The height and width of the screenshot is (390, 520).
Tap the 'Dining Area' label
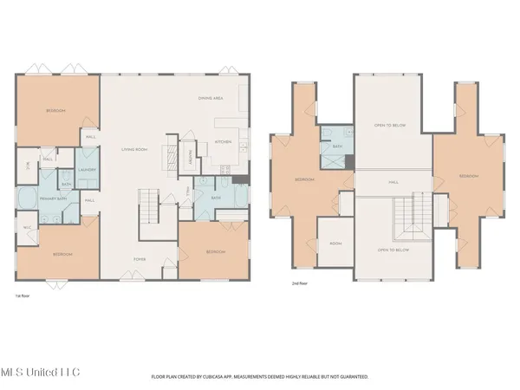(211, 99)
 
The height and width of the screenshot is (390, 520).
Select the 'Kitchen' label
(223, 140)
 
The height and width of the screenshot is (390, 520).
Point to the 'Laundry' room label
(86, 169)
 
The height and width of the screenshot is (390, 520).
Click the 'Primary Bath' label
(54, 199)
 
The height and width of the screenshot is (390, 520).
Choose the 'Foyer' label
(139, 258)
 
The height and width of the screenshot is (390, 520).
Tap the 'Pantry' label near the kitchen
(190, 157)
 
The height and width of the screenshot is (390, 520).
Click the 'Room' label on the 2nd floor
(335, 244)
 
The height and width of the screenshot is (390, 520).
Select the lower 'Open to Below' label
(393, 250)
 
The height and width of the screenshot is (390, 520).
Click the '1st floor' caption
(23, 295)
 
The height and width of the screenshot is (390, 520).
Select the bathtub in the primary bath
(26, 199)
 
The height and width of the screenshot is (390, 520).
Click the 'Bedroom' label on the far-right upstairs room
(468, 176)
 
